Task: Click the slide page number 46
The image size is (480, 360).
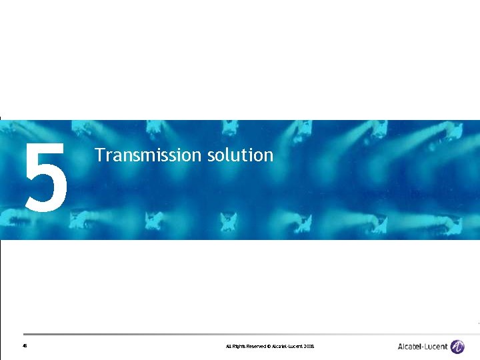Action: (x=24, y=347)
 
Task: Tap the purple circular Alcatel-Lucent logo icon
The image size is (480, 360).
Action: (x=457, y=347)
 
